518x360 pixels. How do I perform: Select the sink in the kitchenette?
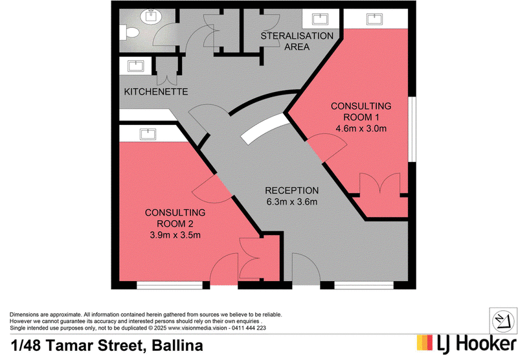point(136,66)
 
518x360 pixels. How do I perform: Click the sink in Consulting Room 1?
point(374,19)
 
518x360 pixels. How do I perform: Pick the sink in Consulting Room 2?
point(148,134)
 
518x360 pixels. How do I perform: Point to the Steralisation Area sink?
point(320,19)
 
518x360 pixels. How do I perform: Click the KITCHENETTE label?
point(156,91)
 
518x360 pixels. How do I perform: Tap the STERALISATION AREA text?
point(297,41)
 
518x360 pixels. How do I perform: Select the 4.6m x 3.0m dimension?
point(361,128)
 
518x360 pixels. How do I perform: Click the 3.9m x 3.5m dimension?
point(175,235)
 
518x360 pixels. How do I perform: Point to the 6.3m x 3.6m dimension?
point(292,201)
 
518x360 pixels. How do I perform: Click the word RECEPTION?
point(292,190)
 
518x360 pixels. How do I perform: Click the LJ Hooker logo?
point(466,343)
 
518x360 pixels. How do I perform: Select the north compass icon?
point(503,321)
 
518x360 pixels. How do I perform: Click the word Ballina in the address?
point(177,346)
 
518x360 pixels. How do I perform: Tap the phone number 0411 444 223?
point(249,328)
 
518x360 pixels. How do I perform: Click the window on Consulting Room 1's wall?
point(412,129)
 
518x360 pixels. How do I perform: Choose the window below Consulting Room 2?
point(170,285)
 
